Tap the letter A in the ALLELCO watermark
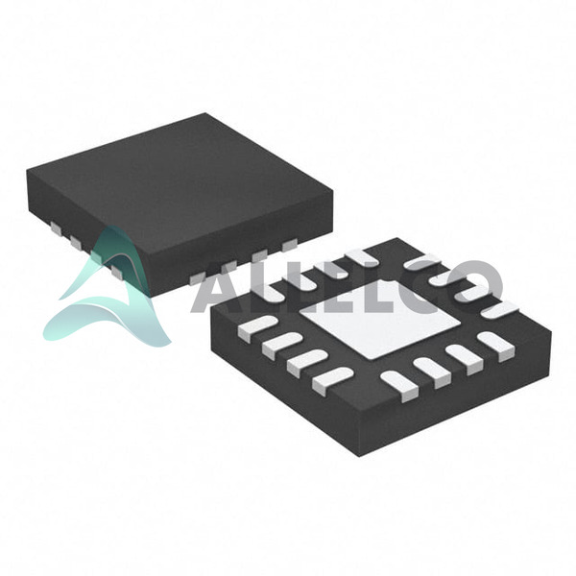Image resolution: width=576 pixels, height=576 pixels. coord(218,288)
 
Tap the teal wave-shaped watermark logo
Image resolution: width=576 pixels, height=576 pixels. coord(107,290)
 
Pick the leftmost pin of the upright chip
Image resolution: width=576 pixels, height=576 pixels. coord(57,228)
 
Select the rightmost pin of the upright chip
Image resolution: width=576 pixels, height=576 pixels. coord(290,245)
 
